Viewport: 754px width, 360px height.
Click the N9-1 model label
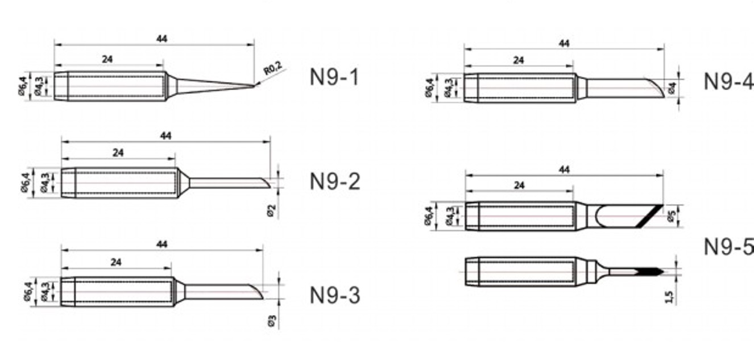[334, 77]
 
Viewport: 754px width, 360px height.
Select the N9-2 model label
[335, 181]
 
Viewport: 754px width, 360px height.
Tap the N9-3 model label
[335, 295]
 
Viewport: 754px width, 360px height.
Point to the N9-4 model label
[728, 81]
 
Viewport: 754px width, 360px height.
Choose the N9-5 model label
[728, 246]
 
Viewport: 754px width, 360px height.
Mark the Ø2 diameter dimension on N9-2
[271, 210]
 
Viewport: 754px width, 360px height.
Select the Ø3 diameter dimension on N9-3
[272, 321]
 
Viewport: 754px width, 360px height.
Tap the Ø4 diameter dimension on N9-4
[672, 89]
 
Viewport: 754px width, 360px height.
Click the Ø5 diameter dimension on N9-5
[672, 217]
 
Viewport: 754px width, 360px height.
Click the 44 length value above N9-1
[161, 39]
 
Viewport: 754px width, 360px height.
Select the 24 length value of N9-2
[118, 152]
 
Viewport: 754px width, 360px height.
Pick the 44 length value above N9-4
[564, 43]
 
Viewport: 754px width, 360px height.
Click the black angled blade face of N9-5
[651, 217]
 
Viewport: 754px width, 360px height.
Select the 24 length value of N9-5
[519, 185]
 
